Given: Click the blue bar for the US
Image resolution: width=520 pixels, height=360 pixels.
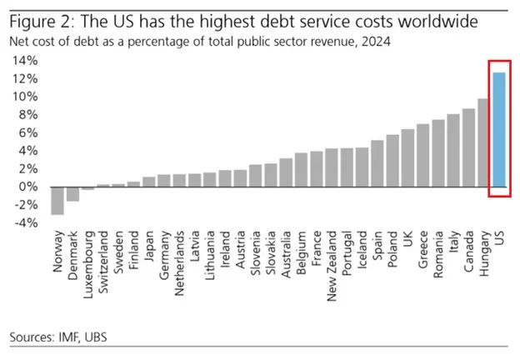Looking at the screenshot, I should pyautogui.click(x=498, y=129).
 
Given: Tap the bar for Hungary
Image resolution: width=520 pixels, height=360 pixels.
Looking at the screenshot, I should pyautogui.click(x=482, y=142).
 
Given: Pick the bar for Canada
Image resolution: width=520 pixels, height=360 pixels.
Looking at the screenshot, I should pyautogui.click(x=468, y=147).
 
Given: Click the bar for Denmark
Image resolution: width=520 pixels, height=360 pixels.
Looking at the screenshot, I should pyautogui.click(x=72, y=193).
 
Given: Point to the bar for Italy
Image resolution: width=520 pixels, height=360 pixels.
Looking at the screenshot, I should pyautogui.click(x=453, y=150).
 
